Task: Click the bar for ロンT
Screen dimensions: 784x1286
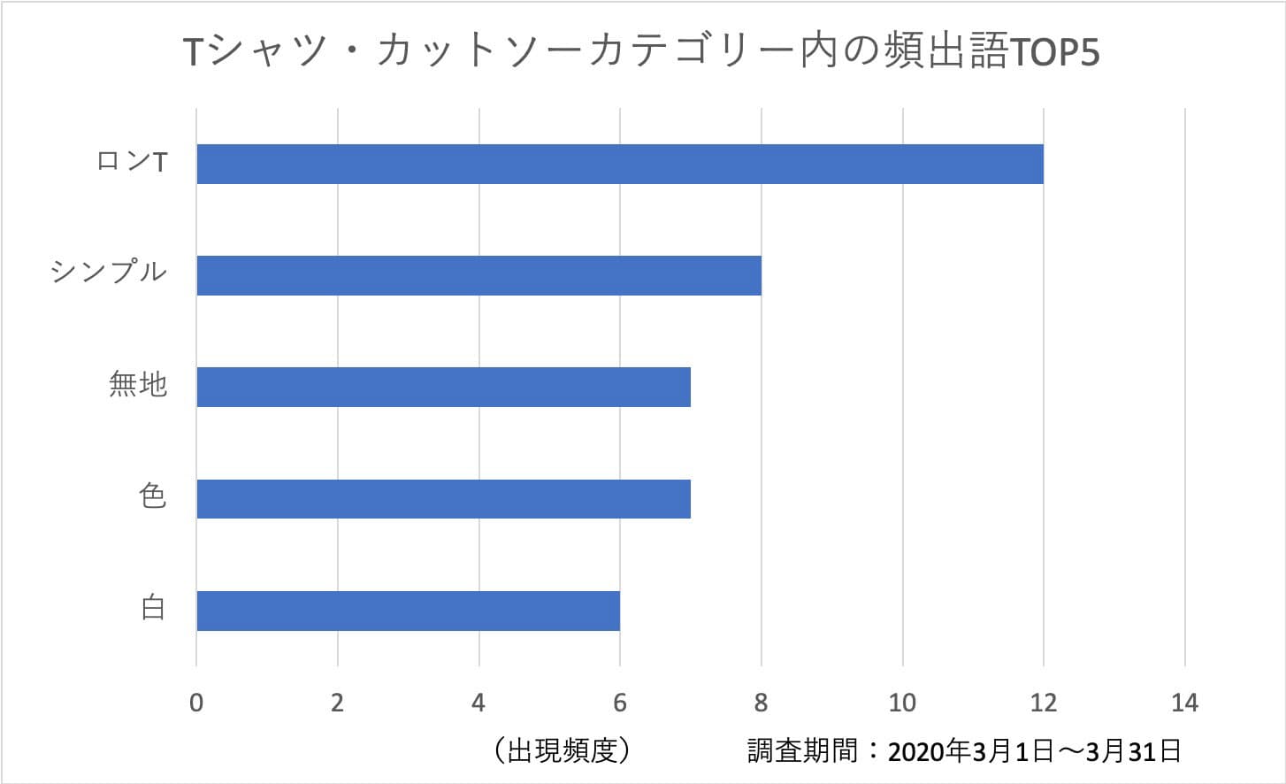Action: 619,164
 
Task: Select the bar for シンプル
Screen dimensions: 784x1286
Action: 478,275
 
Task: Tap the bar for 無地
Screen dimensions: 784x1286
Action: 443,387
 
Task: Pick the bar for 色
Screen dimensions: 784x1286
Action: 443,498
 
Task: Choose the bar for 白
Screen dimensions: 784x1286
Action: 408,611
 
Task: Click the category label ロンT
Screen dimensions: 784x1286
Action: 132,162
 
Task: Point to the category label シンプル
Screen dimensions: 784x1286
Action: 109,271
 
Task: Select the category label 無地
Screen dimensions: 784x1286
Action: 138,384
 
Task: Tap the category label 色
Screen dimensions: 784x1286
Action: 152,496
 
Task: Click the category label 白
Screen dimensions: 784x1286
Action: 152,608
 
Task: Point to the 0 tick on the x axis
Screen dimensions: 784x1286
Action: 196,703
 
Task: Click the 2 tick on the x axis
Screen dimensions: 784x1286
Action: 337,703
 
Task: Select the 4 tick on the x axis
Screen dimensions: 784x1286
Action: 478,703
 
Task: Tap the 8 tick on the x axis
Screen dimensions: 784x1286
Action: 761,703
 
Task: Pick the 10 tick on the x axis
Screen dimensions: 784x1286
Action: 902,703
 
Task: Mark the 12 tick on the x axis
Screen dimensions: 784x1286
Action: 1044,703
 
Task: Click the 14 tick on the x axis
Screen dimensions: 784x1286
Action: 1184,703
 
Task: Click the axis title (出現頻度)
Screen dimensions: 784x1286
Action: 563,751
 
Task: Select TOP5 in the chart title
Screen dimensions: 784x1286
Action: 1053,53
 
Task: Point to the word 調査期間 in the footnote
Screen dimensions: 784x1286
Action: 802,751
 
